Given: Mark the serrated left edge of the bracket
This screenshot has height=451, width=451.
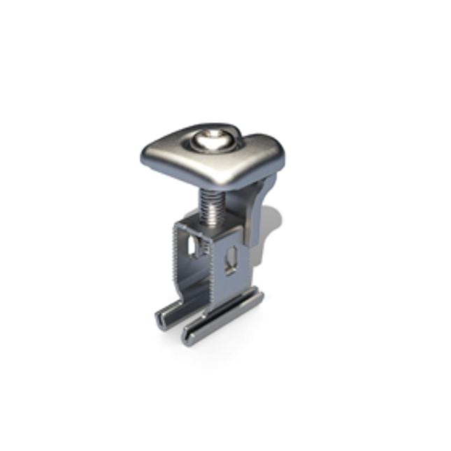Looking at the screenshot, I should (176, 259).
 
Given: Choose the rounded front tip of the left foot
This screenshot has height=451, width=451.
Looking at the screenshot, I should (159, 324).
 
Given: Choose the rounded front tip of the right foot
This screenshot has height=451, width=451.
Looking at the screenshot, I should (187, 338).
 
